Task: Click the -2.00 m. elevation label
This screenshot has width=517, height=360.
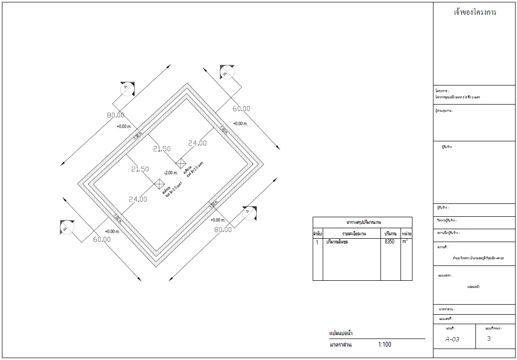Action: (x=170, y=173)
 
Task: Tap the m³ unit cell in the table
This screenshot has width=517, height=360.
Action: (x=405, y=242)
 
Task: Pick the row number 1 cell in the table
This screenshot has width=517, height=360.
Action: (x=317, y=243)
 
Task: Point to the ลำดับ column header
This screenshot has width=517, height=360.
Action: (x=317, y=234)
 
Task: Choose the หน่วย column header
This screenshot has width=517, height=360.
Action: (x=406, y=234)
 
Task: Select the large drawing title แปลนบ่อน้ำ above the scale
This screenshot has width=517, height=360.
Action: (x=341, y=333)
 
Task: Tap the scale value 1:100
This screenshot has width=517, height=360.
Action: (x=384, y=344)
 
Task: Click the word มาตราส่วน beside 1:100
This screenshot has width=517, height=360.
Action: (x=341, y=344)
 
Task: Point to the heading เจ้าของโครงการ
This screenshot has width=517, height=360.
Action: (x=475, y=13)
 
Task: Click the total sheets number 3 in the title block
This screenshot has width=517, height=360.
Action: (x=489, y=339)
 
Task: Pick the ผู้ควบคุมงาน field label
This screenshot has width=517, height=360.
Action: (x=443, y=111)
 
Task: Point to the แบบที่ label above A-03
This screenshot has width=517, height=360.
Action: (x=450, y=329)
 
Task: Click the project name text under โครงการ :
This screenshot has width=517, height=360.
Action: (x=457, y=97)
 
